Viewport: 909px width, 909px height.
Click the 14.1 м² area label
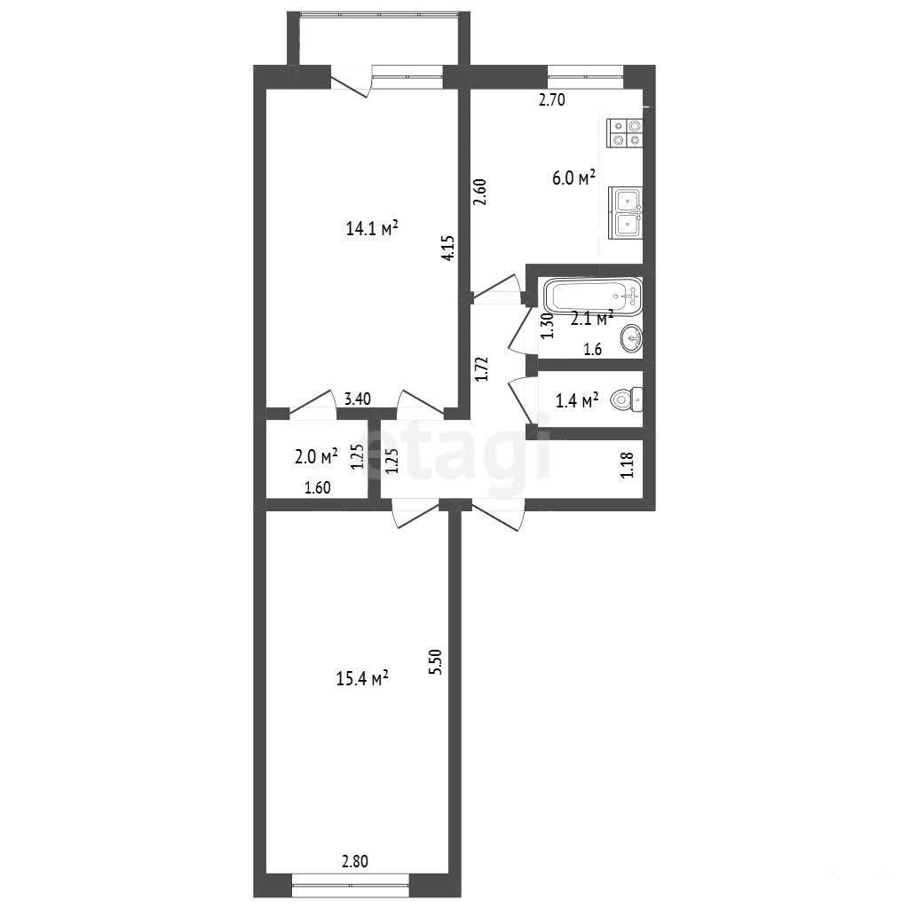coord(372,227)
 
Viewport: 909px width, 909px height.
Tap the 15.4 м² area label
coord(362,677)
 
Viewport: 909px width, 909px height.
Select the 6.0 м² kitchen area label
coord(574,177)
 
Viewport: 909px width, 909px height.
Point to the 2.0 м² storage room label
coord(316,457)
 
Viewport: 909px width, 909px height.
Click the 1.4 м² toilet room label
coord(577,400)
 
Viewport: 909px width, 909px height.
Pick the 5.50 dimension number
coord(435,661)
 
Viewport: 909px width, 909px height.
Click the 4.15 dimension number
coord(447,248)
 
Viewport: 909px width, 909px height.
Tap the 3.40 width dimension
coord(358,399)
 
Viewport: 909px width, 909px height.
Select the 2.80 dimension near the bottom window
coord(355,861)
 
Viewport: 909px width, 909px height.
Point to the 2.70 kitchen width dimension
coord(552,99)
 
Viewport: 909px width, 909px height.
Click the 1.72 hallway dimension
coord(482,368)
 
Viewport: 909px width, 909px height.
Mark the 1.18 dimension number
coord(628,465)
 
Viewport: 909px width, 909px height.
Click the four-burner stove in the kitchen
coord(625,133)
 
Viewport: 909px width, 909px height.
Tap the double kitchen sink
coord(626,213)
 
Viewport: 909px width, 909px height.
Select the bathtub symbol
coord(592,296)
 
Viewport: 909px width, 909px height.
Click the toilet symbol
coord(627,399)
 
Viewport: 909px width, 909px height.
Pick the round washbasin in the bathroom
coord(631,338)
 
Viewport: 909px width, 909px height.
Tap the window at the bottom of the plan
coord(351,885)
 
